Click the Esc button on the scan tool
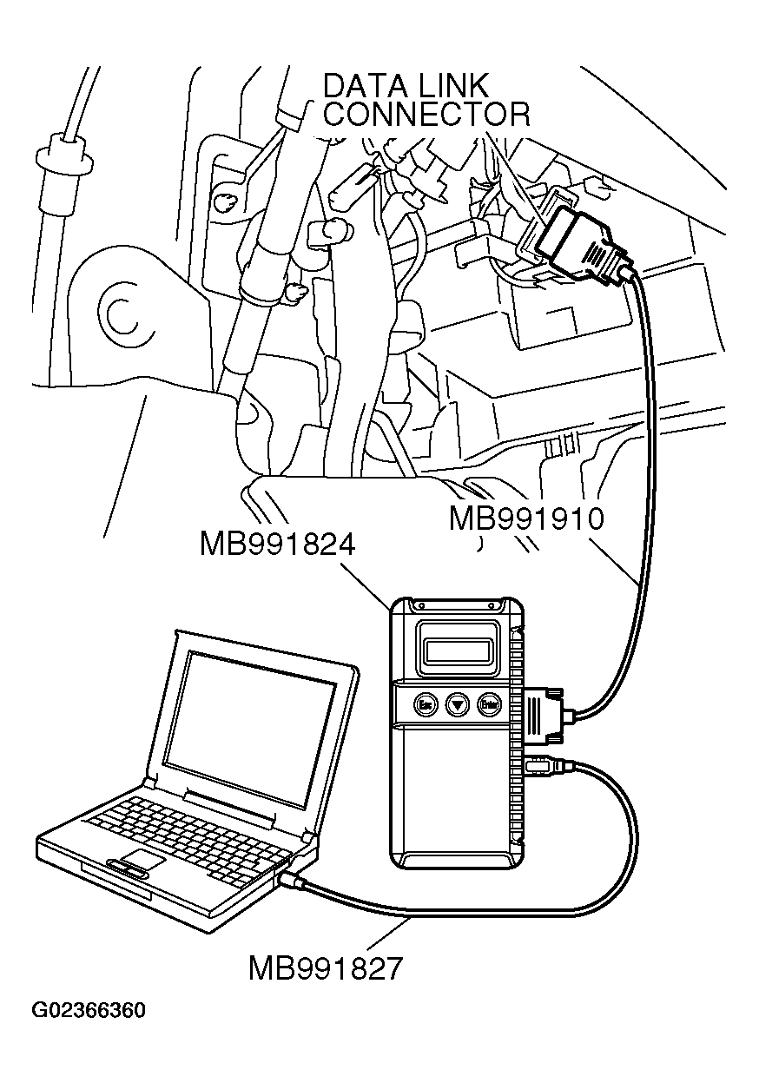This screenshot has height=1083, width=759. [x=425, y=703]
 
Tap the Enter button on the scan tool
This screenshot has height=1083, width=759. [x=491, y=703]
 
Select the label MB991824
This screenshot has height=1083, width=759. [x=278, y=545]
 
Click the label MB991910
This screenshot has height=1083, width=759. [x=526, y=518]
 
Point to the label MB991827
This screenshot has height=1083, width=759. [x=326, y=967]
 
